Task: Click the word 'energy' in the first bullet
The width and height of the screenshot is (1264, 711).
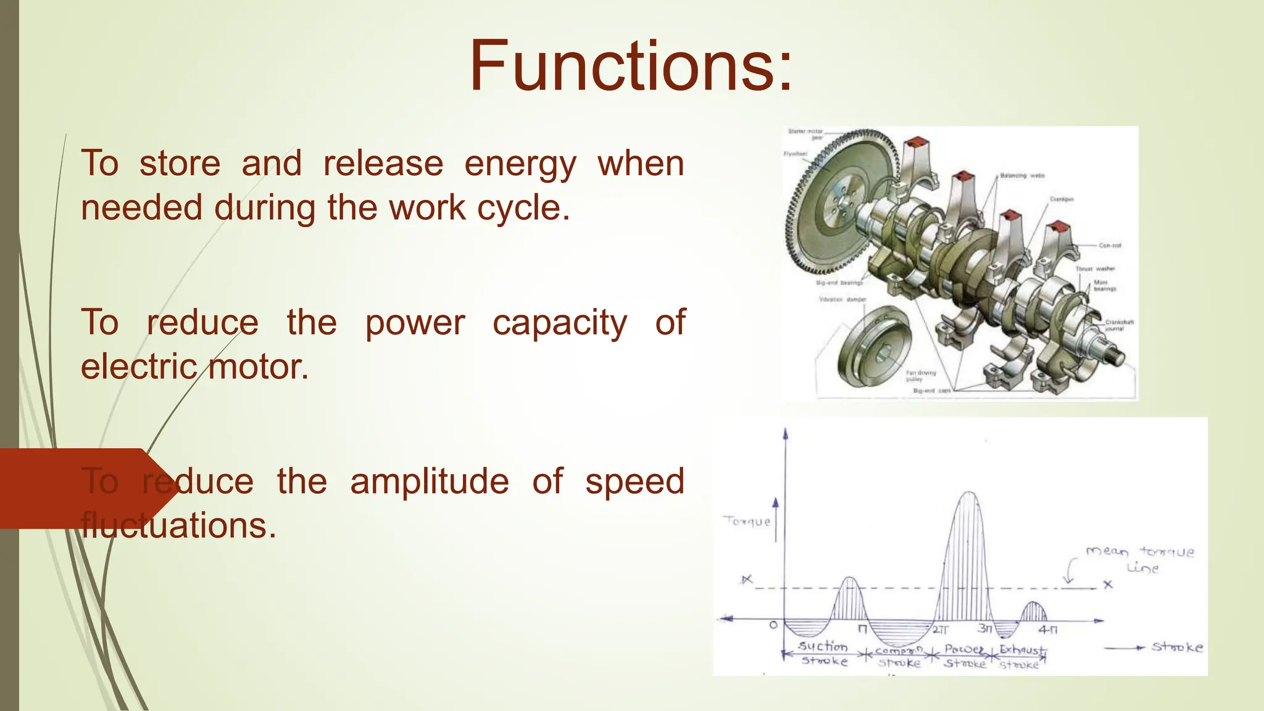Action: coord(520,164)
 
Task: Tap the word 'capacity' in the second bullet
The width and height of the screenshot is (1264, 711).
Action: coord(559,323)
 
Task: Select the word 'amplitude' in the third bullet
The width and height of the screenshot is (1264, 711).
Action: coord(429,482)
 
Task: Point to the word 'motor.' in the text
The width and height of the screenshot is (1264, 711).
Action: coord(257,367)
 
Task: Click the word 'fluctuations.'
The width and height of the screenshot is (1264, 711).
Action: coord(178,526)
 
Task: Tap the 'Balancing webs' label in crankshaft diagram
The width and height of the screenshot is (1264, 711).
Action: coord(1022,176)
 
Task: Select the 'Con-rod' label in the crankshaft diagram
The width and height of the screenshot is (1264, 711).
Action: coord(1109,246)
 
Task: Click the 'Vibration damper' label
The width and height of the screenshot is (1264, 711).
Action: coord(842,299)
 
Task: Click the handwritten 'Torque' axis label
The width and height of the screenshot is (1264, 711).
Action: coord(747,522)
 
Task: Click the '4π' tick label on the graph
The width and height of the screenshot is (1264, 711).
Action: coord(1047,630)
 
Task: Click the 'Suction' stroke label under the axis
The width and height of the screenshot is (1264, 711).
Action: coord(823,646)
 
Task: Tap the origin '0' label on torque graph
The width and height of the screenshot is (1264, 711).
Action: coord(773,626)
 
